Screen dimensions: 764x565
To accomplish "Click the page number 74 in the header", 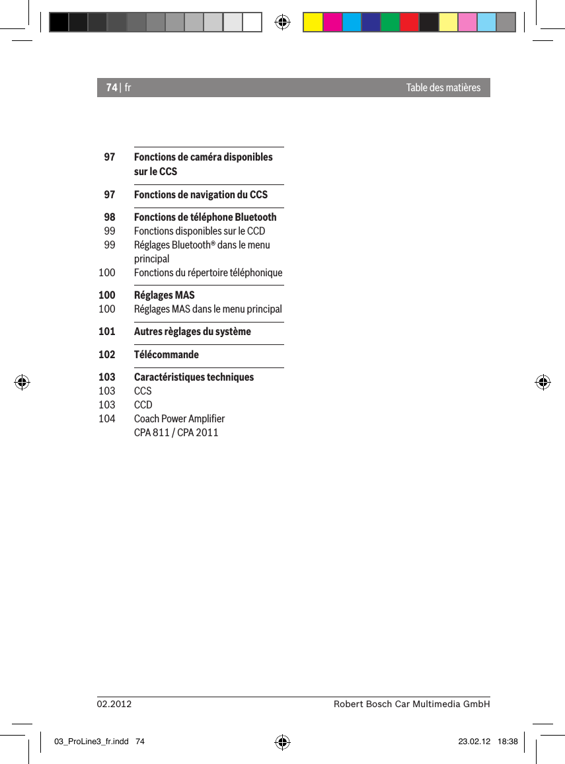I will point(112,87).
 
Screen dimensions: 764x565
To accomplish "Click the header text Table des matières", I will point(443,87).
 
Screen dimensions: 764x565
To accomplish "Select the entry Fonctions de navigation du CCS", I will point(200,194).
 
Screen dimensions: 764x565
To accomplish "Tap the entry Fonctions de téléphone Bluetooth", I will point(205,217).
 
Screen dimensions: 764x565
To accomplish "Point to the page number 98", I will point(109,217).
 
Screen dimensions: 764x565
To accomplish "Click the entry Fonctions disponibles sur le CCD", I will point(199,231).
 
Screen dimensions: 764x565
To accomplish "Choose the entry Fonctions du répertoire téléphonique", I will point(207,272).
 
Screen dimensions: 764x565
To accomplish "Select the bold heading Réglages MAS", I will point(164,295).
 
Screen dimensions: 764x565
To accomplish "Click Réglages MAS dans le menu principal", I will point(207,309).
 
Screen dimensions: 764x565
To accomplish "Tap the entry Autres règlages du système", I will point(192,331).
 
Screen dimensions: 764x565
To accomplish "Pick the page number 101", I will point(106,331).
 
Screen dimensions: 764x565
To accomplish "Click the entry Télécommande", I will point(166,354).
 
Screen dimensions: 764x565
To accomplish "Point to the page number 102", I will point(106,354).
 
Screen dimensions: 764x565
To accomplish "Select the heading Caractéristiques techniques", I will point(194,377).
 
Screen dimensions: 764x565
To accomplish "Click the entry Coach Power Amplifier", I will point(179,418).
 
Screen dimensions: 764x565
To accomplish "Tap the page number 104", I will point(106,418).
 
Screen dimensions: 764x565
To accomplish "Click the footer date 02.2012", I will point(114,705).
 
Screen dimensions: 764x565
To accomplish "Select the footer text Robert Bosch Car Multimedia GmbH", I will point(412,705).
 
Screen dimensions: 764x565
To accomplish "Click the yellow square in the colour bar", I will point(313,22).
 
